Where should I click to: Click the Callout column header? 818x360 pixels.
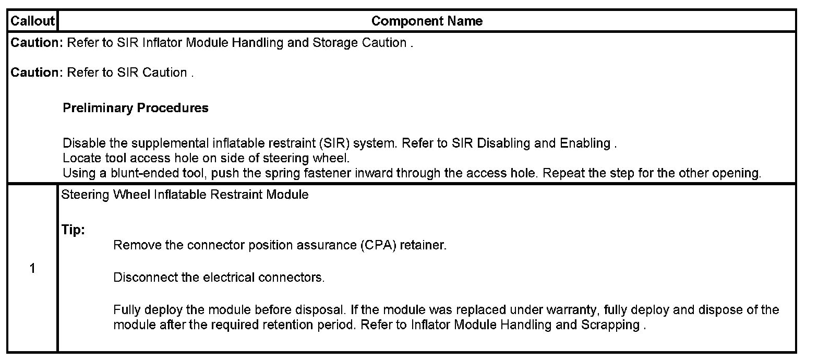point(32,21)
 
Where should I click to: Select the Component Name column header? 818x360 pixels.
point(427,21)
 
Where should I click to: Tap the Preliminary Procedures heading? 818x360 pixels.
point(136,108)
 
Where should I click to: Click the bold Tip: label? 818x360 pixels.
point(74,230)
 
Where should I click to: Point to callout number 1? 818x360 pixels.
point(32,269)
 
